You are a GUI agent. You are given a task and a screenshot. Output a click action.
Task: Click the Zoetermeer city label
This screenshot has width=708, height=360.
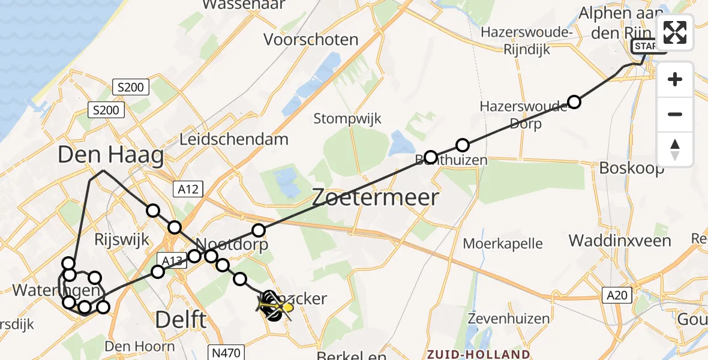[x=375, y=197]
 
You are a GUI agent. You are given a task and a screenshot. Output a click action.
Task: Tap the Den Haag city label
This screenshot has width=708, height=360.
[x=110, y=156]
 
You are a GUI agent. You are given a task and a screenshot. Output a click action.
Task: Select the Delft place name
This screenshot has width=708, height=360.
[x=181, y=320]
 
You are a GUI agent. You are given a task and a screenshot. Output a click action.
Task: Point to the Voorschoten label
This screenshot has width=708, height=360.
[x=311, y=40]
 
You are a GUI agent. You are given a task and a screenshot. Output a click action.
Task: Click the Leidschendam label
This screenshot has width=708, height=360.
[x=234, y=139]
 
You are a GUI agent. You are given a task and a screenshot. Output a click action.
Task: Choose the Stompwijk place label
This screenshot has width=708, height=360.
[x=347, y=118]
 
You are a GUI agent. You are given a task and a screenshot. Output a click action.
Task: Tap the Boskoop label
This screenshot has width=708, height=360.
[x=631, y=169]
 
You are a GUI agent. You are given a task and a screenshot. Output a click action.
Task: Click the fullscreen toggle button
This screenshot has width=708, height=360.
[x=675, y=32]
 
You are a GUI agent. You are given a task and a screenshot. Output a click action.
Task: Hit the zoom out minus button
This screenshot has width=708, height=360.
[x=675, y=114]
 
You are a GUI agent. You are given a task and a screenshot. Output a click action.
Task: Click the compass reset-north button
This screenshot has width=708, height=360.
[x=675, y=149]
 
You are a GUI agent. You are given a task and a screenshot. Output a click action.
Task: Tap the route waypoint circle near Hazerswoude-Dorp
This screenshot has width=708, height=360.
[x=574, y=102]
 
